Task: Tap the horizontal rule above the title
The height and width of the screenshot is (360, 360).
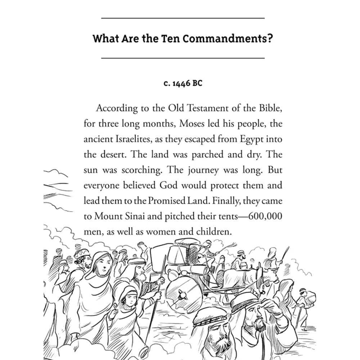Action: [183, 18]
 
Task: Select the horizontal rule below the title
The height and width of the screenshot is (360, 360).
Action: [183, 58]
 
